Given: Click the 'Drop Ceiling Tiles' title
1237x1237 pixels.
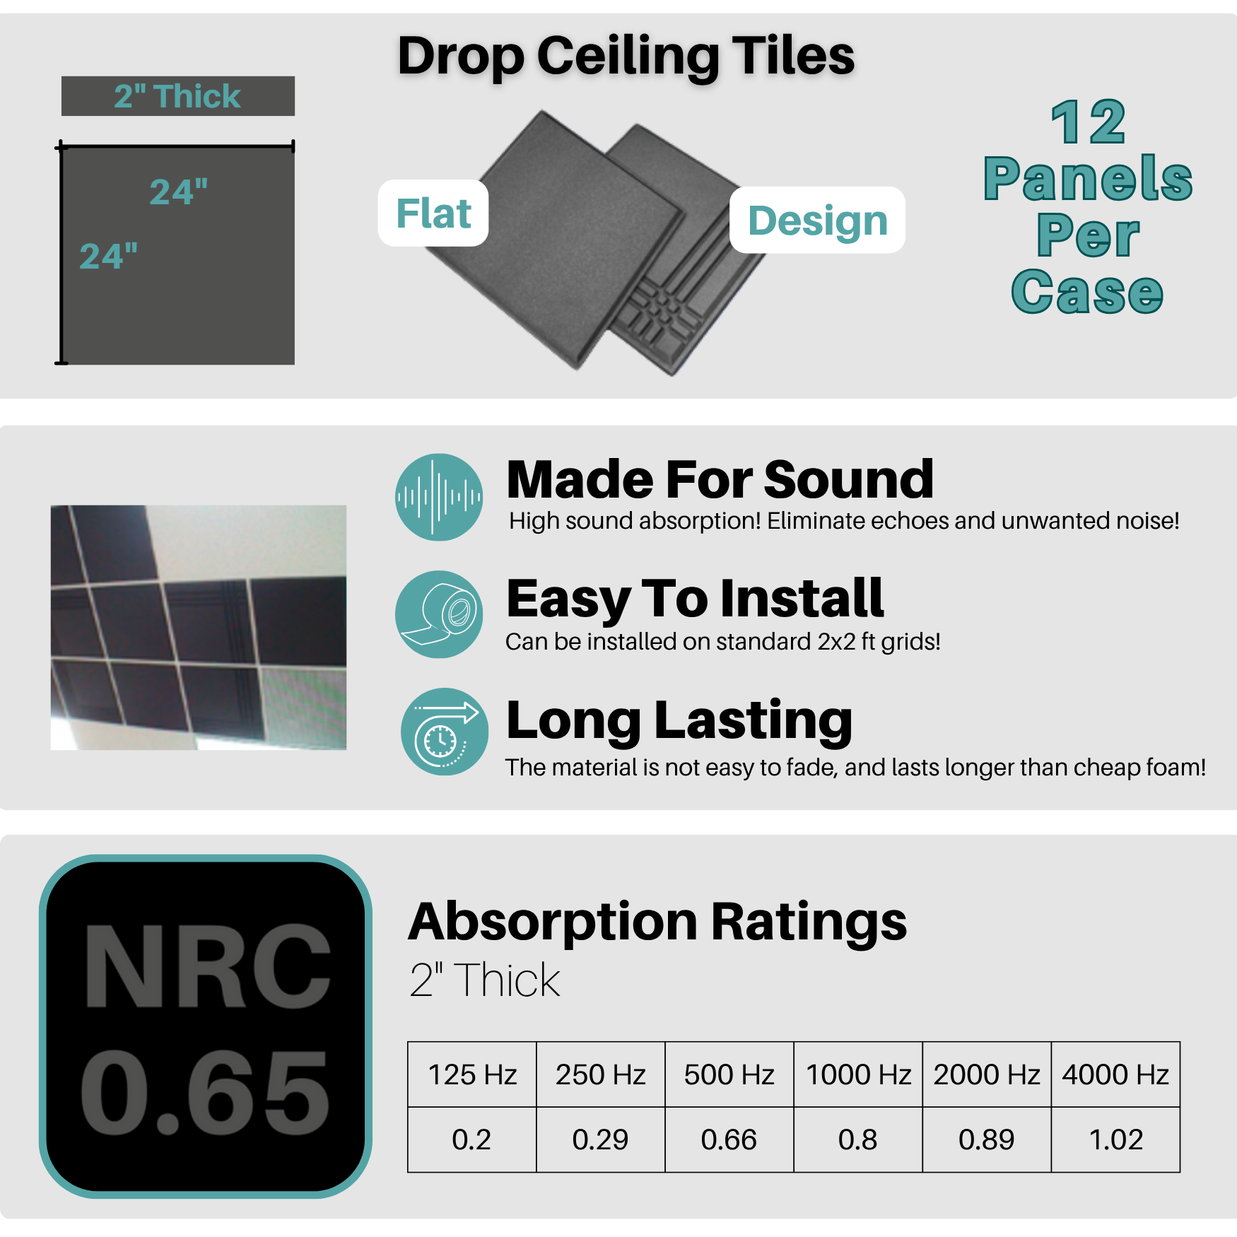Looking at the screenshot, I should click(x=626, y=57).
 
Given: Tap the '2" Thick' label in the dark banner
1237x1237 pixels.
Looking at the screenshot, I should click(x=177, y=96).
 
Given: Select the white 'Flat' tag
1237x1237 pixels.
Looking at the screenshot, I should click(x=433, y=213).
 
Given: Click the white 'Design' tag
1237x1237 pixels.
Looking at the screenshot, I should click(x=817, y=221).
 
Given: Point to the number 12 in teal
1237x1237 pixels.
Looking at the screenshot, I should click(x=1088, y=122).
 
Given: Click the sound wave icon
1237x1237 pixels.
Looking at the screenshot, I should click(x=439, y=497).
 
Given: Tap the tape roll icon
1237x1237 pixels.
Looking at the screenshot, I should click(x=439, y=614).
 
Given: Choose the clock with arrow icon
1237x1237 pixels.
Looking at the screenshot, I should click(x=444, y=732).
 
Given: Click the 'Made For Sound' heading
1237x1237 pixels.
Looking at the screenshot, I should click(x=720, y=480).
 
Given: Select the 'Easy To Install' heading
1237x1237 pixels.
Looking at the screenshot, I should click(x=695, y=599).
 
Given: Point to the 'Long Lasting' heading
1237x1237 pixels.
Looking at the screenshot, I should click(x=679, y=720).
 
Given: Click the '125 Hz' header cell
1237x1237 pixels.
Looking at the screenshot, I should click(x=472, y=1074).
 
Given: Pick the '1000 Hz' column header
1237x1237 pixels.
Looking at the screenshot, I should click(x=858, y=1074).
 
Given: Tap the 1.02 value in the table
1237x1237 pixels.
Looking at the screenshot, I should click(x=1115, y=1139).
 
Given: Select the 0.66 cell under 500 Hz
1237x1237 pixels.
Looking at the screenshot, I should click(x=729, y=1139).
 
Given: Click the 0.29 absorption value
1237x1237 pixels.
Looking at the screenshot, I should click(x=600, y=1139).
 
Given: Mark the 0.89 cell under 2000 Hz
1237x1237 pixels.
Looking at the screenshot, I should click(x=986, y=1139).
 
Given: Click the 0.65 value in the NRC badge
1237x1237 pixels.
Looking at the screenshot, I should click(x=205, y=1092).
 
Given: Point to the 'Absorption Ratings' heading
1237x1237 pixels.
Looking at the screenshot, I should click(x=657, y=922).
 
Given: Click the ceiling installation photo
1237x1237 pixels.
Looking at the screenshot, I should click(x=199, y=627).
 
